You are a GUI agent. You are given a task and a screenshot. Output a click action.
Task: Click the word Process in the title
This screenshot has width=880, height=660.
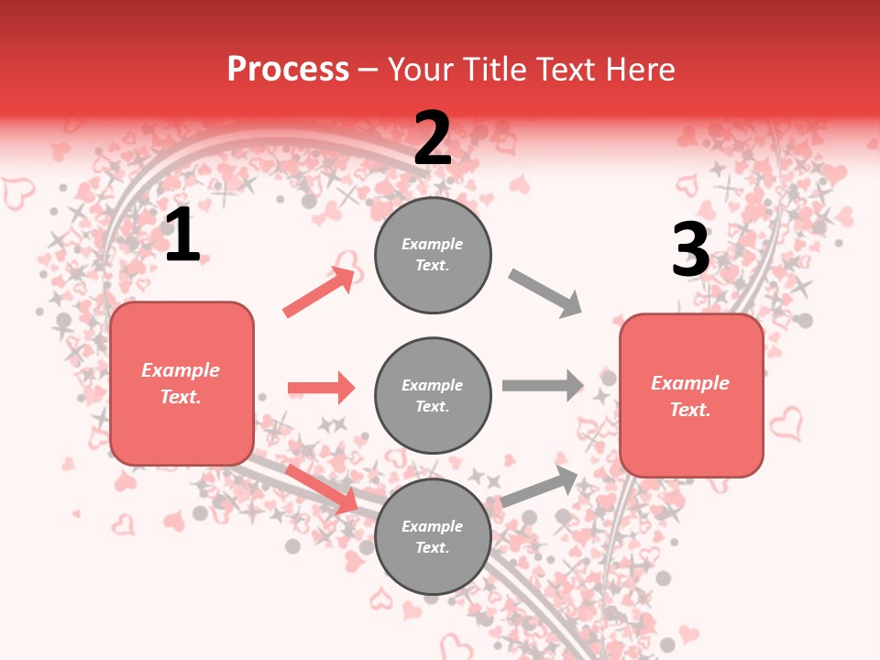coord(288,70)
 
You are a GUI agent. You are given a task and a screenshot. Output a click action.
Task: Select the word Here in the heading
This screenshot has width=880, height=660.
coord(638,70)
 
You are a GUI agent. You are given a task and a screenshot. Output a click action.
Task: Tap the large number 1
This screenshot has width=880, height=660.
coord(182,236)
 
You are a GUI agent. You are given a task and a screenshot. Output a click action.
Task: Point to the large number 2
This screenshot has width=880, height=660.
coord(433,137)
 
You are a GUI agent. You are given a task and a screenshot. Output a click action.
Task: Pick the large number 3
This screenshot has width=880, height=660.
coord(690,249)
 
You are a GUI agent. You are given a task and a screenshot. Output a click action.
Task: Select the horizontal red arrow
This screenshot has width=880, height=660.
coord(321,388)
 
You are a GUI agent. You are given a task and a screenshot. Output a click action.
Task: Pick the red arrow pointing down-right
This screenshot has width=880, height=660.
coord(322,489)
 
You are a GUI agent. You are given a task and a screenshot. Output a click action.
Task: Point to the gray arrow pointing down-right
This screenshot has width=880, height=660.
coord(545,293)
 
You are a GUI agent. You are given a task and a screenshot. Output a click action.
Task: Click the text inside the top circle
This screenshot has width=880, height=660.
coord(433,255)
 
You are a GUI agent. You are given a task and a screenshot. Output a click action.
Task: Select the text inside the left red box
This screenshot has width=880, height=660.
coord(181,383)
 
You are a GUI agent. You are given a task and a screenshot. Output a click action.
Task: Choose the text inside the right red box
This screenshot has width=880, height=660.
coord(690,396)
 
